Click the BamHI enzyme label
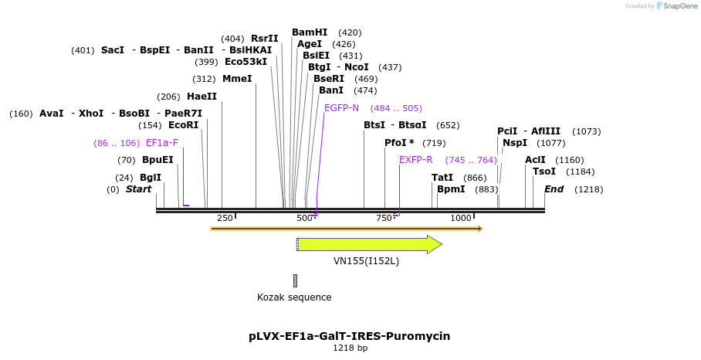[310, 32]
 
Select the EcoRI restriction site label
[183, 125]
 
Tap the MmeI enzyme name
[237, 79]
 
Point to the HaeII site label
[201, 97]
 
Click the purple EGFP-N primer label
[341, 108]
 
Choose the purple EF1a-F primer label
[162, 143]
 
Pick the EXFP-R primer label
[415, 160]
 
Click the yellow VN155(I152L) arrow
[369, 245]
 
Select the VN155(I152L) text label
[366, 261]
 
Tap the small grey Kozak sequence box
[295, 280]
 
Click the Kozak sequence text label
[294, 297]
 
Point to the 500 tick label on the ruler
[304, 218]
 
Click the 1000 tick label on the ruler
[461, 218]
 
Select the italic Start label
[139, 189]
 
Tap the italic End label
[554, 189]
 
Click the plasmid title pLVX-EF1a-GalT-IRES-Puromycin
[350, 336]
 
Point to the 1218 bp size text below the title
[350, 348]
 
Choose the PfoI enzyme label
[399, 143]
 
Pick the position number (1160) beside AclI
[568, 160]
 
